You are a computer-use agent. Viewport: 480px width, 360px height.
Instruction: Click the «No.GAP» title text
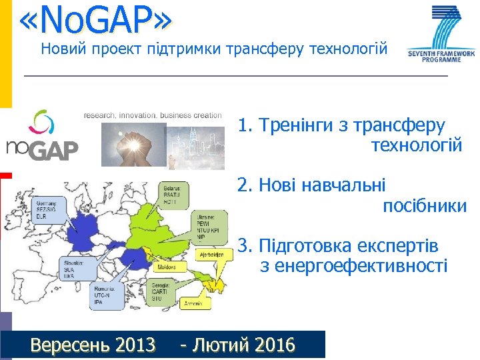96,19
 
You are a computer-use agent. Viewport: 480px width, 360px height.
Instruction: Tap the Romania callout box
107,296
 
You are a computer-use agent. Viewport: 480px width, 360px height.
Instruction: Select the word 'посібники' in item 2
424,206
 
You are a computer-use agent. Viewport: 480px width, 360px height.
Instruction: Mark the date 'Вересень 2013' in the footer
93,345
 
